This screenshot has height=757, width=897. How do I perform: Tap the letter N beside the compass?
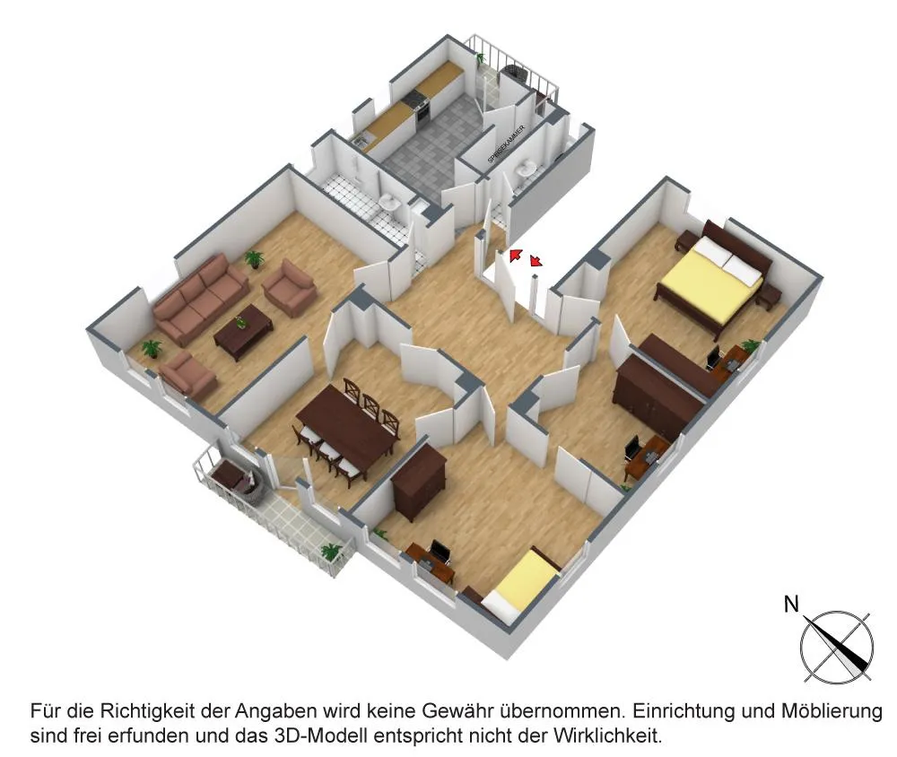(x=791, y=605)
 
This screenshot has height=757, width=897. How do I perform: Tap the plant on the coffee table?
(x=239, y=320)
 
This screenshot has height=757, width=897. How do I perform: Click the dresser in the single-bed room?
(x=419, y=481)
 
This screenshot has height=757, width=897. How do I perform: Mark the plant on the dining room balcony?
(x=333, y=552)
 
